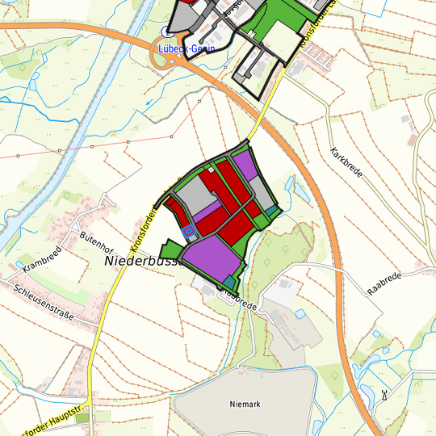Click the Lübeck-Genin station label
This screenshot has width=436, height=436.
pos(186,47)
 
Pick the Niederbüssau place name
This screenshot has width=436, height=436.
pos(140,262)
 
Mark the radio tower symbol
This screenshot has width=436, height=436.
pos(384,396)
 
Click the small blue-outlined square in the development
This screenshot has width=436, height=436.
pos(189,233)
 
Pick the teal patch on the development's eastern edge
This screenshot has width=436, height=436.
pos(272,212)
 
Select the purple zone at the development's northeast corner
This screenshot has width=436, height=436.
pos(245,166)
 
